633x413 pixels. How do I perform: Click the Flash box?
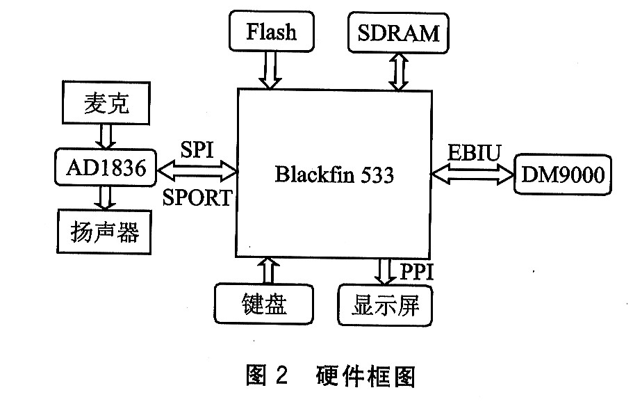[x=271, y=32]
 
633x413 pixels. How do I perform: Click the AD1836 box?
[x=103, y=168]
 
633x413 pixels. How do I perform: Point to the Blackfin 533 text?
[x=334, y=175]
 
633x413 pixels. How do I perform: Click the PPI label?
[x=416, y=271]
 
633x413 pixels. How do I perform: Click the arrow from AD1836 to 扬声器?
[x=105, y=200]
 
